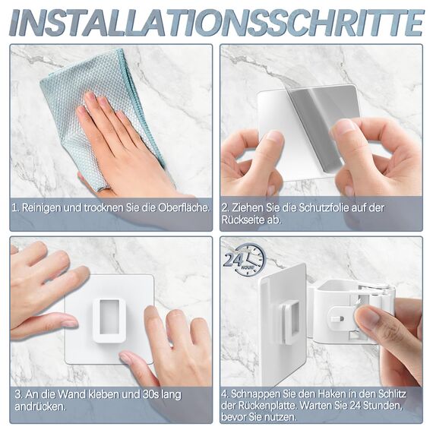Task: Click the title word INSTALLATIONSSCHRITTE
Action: [x=216, y=22]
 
